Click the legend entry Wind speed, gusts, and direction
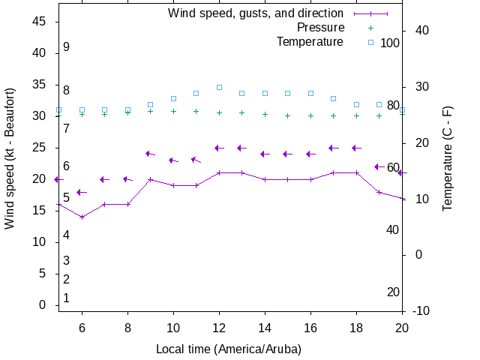coord(256,13)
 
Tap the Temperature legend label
coord(310,42)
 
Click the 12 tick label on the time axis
coord(219,328)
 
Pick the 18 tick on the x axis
coord(356,328)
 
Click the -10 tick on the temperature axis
coord(421,311)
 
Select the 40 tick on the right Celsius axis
coord(421,31)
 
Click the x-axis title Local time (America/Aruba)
coord(229,349)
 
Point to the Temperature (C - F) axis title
coord(447,157)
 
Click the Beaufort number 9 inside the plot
coord(66,46)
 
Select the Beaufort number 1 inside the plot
coord(66,298)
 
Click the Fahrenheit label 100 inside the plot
coord(390,43)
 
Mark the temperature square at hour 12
coord(219,88)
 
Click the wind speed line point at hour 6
coord(82,217)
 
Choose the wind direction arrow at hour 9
coord(150,154)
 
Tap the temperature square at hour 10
coord(173,98)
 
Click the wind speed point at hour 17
coord(334,172)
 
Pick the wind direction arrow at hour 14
coord(265,154)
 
